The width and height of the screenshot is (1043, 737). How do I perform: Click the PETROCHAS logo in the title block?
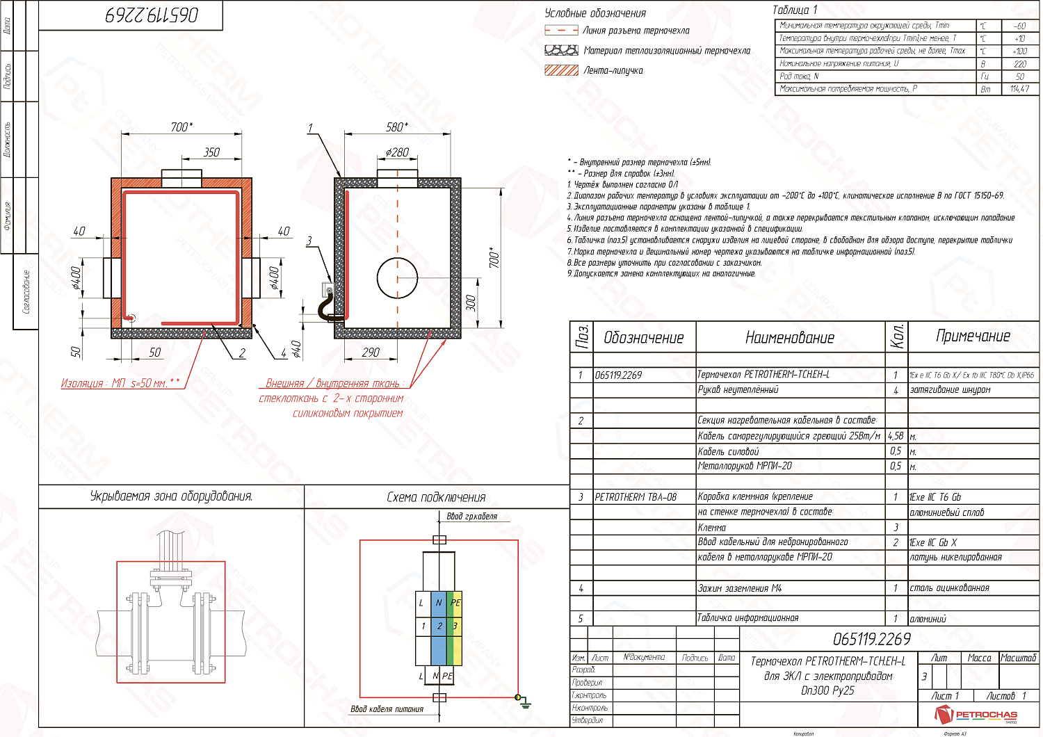(976, 715)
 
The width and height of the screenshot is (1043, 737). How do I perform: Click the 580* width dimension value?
(397, 127)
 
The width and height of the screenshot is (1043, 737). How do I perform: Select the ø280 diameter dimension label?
(398, 152)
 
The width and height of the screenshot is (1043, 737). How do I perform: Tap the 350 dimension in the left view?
(211, 152)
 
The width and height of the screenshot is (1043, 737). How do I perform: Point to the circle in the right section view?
(397, 277)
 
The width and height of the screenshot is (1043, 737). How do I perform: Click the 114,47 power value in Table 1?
(1019, 89)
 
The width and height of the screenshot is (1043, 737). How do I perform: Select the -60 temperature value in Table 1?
(1019, 26)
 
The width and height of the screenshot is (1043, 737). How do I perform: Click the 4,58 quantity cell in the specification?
(896, 436)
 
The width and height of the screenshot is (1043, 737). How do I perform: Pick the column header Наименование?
(789, 338)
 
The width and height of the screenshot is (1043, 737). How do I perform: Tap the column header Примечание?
(973, 337)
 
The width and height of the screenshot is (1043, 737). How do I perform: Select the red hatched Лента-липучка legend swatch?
(561, 70)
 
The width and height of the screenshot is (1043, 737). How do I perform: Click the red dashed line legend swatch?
(561, 31)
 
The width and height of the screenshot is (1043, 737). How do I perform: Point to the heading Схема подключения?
(436, 497)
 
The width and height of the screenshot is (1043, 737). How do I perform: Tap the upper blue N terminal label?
(439, 603)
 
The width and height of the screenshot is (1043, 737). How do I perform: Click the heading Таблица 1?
(795, 10)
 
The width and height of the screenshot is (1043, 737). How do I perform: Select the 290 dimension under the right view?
(371, 353)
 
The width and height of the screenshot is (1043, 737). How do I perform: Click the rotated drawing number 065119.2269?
(152, 15)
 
